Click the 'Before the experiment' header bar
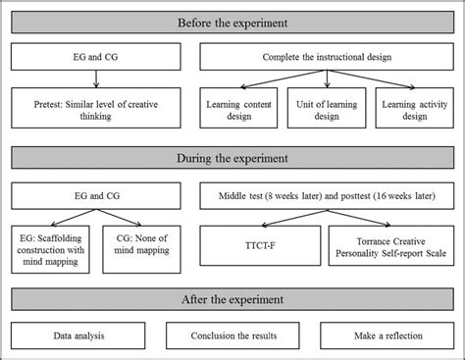click(x=232, y=23)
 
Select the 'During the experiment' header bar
click(x=232, y=158)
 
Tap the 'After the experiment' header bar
click(x=232, y=299)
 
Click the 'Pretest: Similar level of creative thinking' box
click(x=96, y=108)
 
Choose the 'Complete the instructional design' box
click(x=327, y=57)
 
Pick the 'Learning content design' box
click(x=238, y=108)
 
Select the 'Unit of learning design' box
click(x=327, y=108)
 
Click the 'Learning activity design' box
click(x=415, y=108)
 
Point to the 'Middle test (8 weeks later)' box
click(x=327, y=196)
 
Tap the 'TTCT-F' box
click(x=260, y=245)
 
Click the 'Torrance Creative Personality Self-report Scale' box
click(x=391, y=245)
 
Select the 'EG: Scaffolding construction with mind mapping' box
click(x=50, y=249)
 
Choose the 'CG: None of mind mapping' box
click(x=141, y=249)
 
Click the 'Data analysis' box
click(x=78, y=335)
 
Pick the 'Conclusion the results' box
click(x=232, y=335)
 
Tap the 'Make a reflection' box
click(x=387, y=335)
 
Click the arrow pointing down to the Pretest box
click(x=96, y=78)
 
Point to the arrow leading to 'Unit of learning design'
click(x=327, y=78)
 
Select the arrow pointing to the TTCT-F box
click(x=294, y=218)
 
